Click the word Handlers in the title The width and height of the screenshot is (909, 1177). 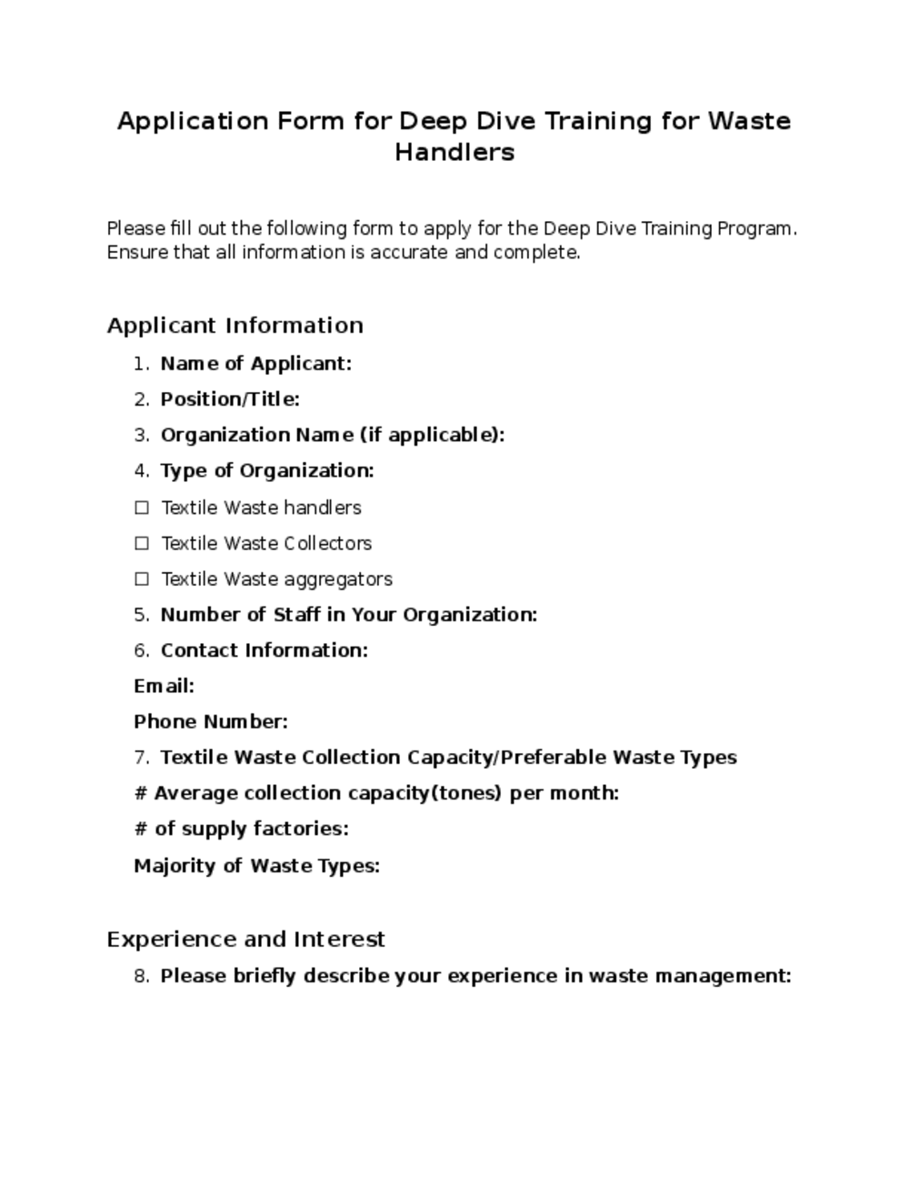454,152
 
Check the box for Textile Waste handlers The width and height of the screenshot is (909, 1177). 142,508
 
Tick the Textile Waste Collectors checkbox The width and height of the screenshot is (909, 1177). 142,543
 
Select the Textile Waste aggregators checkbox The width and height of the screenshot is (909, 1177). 142,578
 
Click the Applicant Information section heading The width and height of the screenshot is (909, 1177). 235,326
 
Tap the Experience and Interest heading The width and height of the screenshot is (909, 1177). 245,939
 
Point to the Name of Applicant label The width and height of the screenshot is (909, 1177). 255,364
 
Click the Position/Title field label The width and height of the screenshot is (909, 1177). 230,399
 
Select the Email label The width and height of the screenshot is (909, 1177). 164,686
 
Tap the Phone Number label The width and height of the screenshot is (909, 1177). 211,721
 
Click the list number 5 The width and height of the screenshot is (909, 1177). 141,615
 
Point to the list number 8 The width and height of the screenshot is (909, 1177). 141,976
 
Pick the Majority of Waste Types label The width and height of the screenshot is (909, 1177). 256,865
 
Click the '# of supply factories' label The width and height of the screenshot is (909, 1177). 241,829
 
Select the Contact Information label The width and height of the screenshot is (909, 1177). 264,650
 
